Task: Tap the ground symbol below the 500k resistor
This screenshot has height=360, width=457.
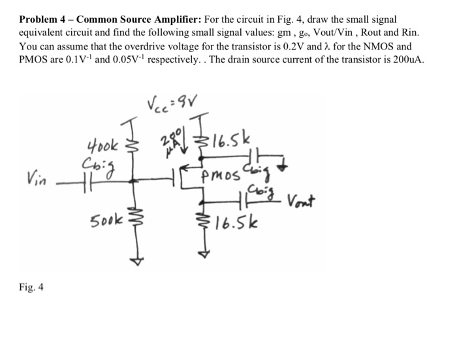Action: tap(136, 257)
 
